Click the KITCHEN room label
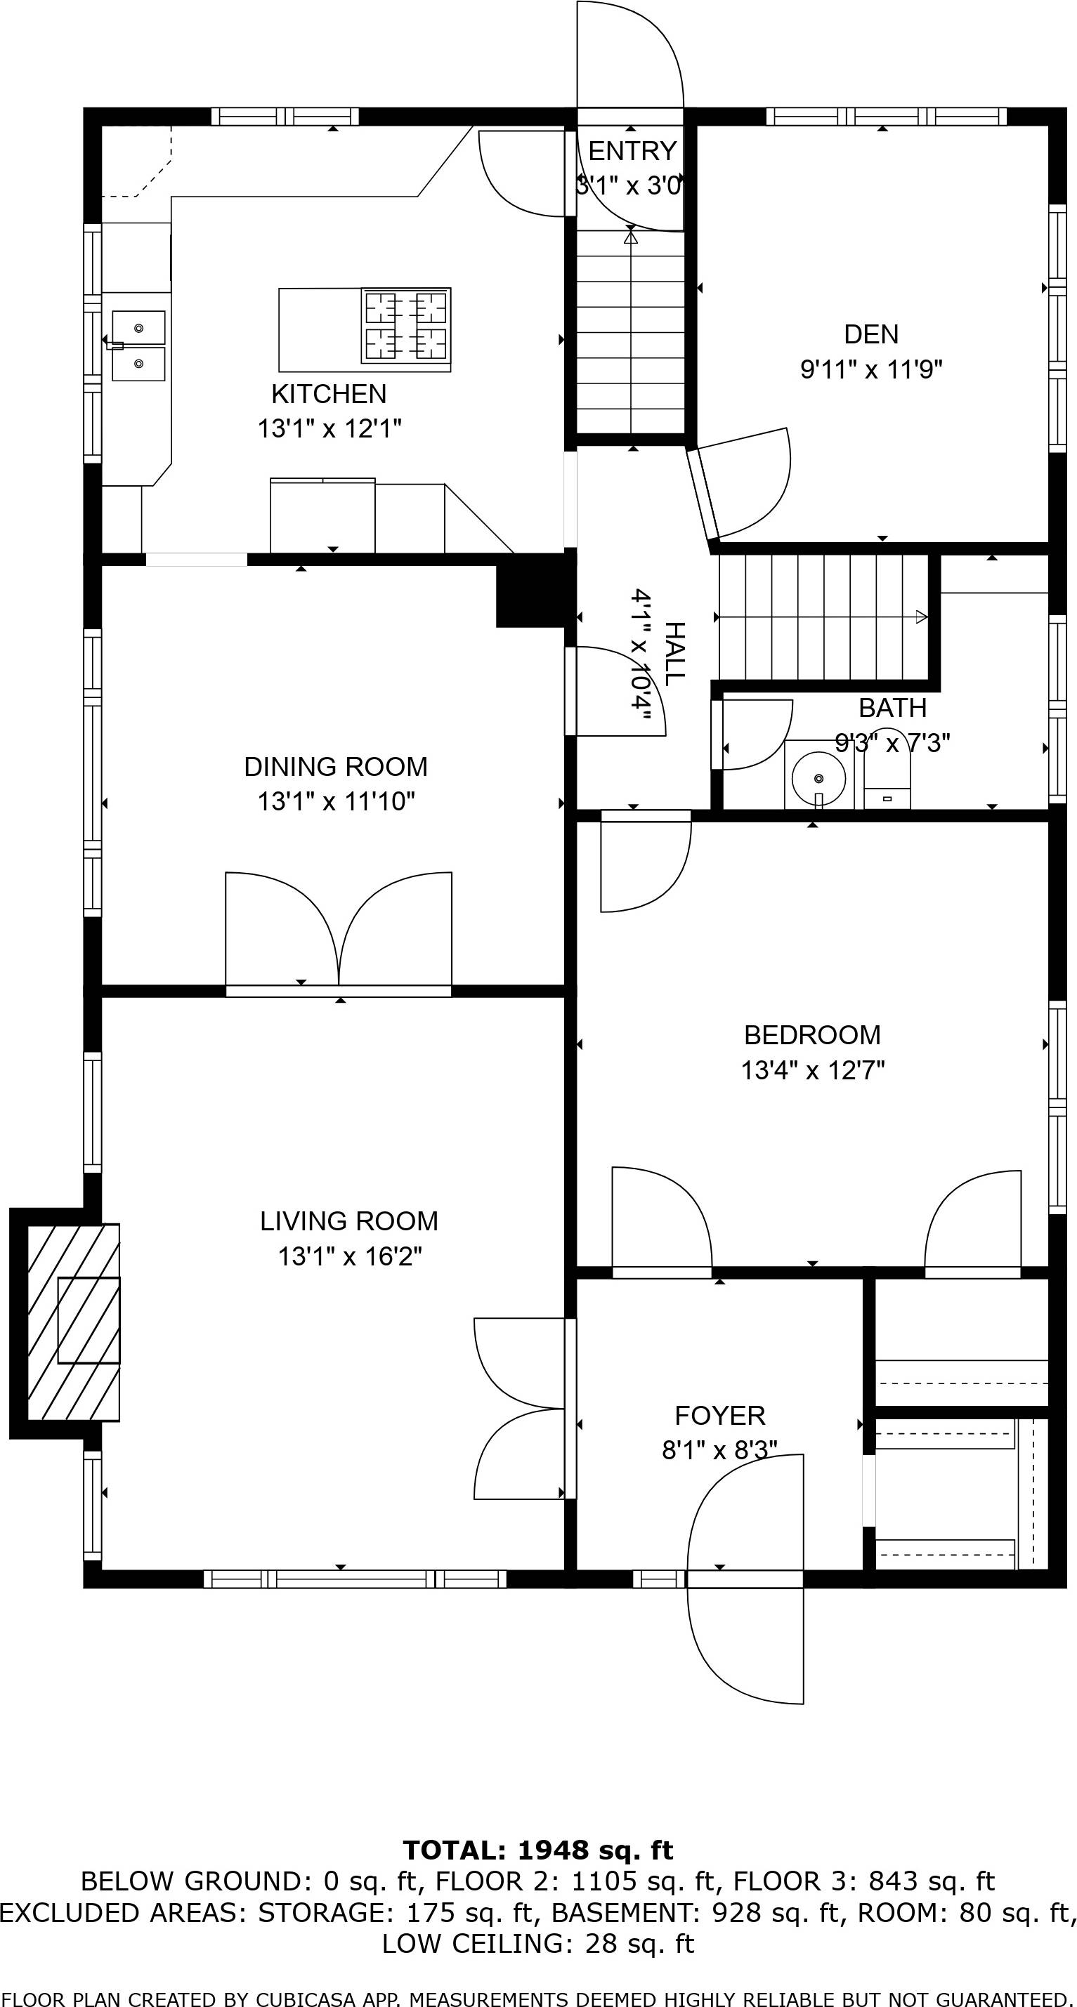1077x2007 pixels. [329, 393]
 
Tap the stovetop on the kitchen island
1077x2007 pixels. [406, 325]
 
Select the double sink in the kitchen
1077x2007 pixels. [138, 345]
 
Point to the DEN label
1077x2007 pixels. [871, 334]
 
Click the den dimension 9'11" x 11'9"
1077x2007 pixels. [871, 369]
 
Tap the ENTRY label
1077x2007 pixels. [632, 150]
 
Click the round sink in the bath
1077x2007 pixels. [818, 777]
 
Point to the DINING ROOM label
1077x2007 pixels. [336, 767]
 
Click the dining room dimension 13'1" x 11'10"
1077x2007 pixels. [336, 801]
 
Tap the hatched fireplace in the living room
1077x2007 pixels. [73, 1322]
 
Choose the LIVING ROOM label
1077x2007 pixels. [349, 1221]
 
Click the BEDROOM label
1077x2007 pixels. [813, 1034]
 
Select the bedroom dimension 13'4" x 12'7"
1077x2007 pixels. [813, 1070]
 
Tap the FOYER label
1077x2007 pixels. [720, 1415]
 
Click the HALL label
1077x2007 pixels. [674, 654]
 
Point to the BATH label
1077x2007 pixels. [893, 709]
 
